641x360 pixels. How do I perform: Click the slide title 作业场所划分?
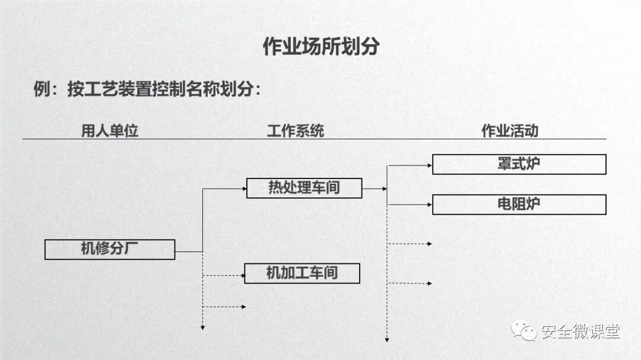click(x=320, y=46)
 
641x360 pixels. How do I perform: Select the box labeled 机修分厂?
click(x=110, y=249)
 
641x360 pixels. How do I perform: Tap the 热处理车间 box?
click(x=304, y=188)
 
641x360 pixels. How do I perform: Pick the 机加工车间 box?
click(x=302, y=273)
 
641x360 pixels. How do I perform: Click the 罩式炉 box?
click(x=519, y=164)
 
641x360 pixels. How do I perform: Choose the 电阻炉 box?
click(x=519, y=205)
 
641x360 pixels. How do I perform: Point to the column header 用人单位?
click(x=110, y=131)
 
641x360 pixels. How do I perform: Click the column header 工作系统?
click(x=295, y=131)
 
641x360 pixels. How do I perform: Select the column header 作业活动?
click(x=509, y=131)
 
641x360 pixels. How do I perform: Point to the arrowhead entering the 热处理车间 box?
click(x=244, y=189)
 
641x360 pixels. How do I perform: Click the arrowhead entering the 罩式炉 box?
click(x=430, y=165)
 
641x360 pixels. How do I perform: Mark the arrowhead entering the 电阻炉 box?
click(x=430, y=205)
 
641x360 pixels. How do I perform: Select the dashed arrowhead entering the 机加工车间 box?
click(x=242, y=275)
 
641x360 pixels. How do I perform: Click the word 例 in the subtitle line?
click(x=42, y=90)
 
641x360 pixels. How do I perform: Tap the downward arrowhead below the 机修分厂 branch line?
click(x=203, y=327)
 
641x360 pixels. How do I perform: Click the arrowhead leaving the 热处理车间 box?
click(x=385, y=189)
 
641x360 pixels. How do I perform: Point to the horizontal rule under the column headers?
click(x=315, y=139)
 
